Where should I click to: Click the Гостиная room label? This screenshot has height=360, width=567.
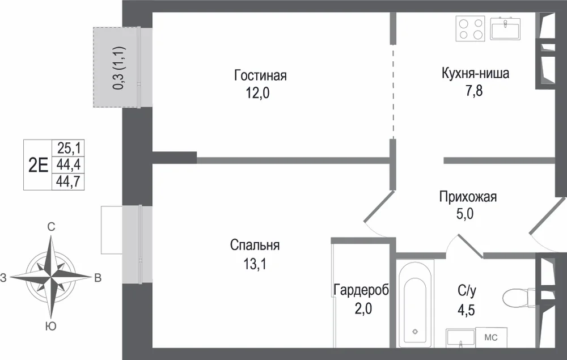tap(260, 75)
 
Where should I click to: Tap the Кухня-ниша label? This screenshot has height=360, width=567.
tap(475, 73)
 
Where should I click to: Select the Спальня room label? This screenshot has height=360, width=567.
tap(255, 245)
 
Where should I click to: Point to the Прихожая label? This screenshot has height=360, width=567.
tap(468, 197)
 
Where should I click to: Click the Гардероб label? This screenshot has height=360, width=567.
tap(361, 290)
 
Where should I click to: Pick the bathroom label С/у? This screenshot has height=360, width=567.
tap(467, 290)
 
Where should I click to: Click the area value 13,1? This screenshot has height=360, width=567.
tap(255, 264)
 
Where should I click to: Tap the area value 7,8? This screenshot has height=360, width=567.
tap(473, 91)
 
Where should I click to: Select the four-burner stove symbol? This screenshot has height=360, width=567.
tap(470, 28)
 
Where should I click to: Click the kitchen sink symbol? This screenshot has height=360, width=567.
tap(505, 28)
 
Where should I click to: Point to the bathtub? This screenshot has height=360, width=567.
tap(415, 303)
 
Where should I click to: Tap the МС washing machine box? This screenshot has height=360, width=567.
tap(491, 337)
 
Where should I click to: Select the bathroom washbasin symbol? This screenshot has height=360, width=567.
tap(460, 338)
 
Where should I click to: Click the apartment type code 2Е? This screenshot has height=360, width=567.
tap(38, 166)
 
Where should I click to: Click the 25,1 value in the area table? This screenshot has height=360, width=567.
tap(69, 148)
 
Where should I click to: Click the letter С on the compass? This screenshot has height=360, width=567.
tap(52, 227)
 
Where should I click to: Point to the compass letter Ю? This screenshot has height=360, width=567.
tap(51, 327)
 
